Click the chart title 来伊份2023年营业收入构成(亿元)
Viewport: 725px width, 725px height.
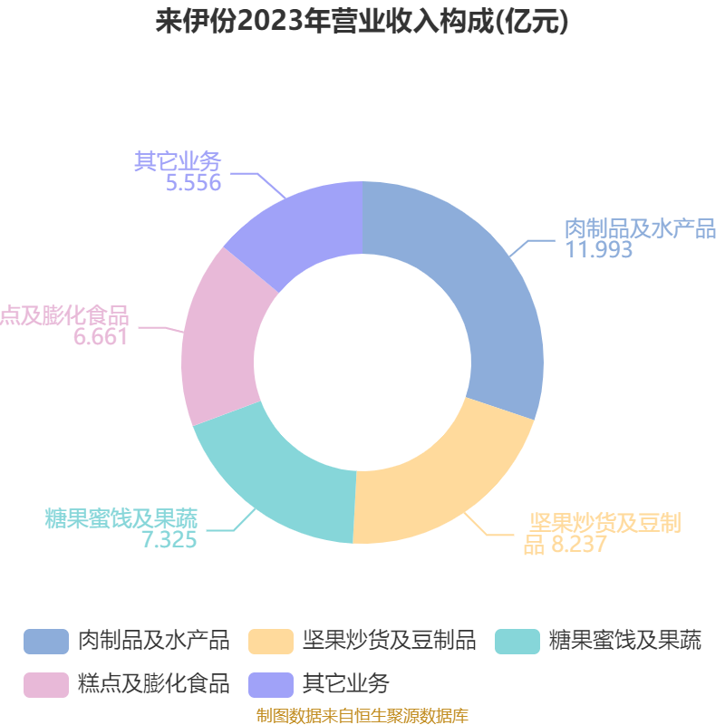click(362, 21)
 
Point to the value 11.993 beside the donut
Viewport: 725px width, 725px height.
click(599, 249)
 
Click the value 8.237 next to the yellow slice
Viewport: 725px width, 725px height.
click(579, 545)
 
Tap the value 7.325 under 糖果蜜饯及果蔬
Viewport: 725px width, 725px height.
click(169, 539)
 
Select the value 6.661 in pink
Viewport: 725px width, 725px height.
click(101, 336)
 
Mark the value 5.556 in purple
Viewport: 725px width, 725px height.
click(193, 183)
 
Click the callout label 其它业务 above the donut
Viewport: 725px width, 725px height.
click(178, 161)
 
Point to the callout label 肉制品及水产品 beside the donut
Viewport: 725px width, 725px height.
click(641, 228)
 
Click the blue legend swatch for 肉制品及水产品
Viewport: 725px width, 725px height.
click(46, 642)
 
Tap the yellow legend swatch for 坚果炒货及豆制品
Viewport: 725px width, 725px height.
click(271, 642)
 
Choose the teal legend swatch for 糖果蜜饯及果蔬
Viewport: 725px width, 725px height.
click(517, 642)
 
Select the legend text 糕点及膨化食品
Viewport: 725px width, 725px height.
click(153, 684)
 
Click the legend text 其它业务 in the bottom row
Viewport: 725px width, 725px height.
click(346, 684)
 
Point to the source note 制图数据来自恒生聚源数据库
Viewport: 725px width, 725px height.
click(362, 715)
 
